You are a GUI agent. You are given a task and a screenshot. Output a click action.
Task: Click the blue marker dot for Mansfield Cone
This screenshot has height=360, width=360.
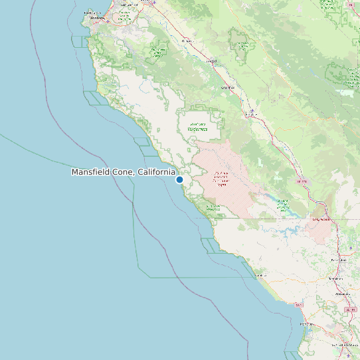[179, 179]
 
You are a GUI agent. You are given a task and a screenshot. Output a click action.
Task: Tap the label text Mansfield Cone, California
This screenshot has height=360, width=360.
[124, 172]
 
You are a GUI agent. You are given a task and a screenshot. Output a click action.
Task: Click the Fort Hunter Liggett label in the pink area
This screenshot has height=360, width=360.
[221, 177]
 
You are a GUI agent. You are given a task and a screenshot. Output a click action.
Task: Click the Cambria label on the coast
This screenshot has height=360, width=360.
[260, 275]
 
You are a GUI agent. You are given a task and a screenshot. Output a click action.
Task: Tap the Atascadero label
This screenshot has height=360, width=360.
[343, 294]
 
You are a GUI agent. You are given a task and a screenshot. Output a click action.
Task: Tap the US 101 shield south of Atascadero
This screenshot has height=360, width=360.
[350, 310]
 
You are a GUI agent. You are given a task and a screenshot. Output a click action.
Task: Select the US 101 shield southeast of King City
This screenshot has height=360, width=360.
[302, 181]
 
